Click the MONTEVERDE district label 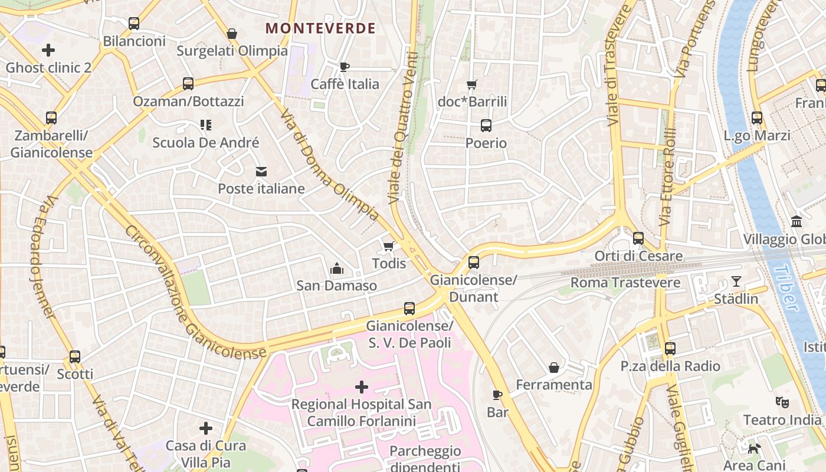[320, 28]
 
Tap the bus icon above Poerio [486, 126]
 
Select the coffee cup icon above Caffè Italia [345, 67]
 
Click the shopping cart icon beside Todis [388, 246]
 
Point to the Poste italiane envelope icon [261, 172]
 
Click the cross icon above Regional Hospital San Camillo [361, 387]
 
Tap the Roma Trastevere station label [625, 283]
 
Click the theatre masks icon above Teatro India [782, 402]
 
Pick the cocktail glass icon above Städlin [736, 281]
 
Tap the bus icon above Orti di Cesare [638, 238]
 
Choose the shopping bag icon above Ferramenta [554, 368]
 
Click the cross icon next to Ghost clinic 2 [48, 50]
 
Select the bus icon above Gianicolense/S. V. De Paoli [409, 308]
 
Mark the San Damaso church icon [336, 269]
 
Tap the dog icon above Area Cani [754, 448]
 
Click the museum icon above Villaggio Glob [796, 222]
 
